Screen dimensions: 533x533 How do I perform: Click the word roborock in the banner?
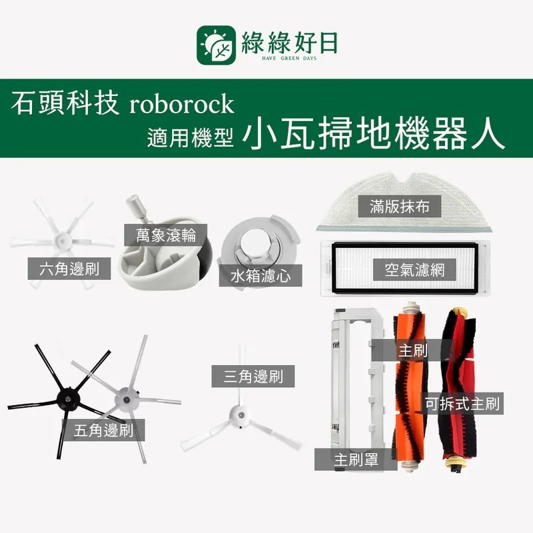[x=178, y=105]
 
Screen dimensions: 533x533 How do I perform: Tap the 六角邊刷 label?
[x=69, y=268]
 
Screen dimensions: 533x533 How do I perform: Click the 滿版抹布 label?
[x=399, y=206]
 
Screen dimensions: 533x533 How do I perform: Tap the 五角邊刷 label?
[x=103, y=430]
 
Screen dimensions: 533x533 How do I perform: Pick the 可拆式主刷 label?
[x=462, y=403]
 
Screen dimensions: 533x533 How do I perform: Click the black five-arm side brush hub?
[x=67, y=398]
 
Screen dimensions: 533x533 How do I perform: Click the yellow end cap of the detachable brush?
[x=455, y=459]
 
